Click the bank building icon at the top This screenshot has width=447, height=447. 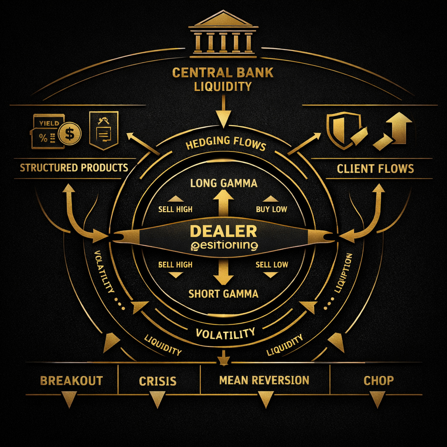pyautogui.click(x=223, y=35)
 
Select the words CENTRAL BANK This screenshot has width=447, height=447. pyautogui.click(x=223, y=72)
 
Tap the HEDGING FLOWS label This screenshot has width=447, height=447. pyautogui.click(x=226, y=144)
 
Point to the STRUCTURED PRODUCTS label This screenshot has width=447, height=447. pyautogui.click(x=74, y=168)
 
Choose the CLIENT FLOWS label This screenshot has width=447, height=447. pyautogui.click(x=375, y=168)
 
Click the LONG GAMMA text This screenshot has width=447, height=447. pyautogui.click(x=223, y=183)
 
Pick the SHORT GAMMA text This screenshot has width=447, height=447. pyautogui.click(x=223, y=294)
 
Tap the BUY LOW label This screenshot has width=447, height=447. pyautogui.click(x=272, y=210)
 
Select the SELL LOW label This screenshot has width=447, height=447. pyautogui.click(x=272, y=265)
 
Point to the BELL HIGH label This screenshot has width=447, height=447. pyautogui.click(x=175, y=265)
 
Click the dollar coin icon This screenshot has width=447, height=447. pyautogui.click(x=69, y=133)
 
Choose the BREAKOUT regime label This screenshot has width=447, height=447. pyautogui.click(x=72, y=381)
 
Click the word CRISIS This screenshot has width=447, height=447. pyautogui.click(x=158, y=381)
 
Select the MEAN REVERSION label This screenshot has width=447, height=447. pyautogui.click(x=264, y=380)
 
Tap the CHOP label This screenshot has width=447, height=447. pyautogui.click(x=378, y=381)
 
